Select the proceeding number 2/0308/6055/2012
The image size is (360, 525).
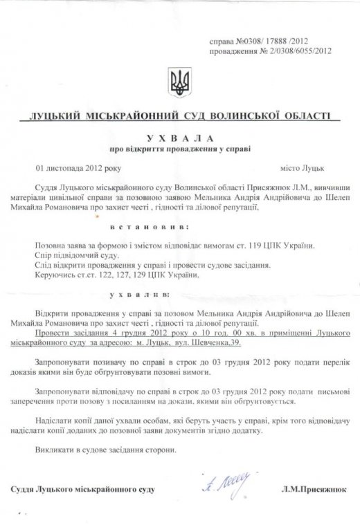pos(284,51)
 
